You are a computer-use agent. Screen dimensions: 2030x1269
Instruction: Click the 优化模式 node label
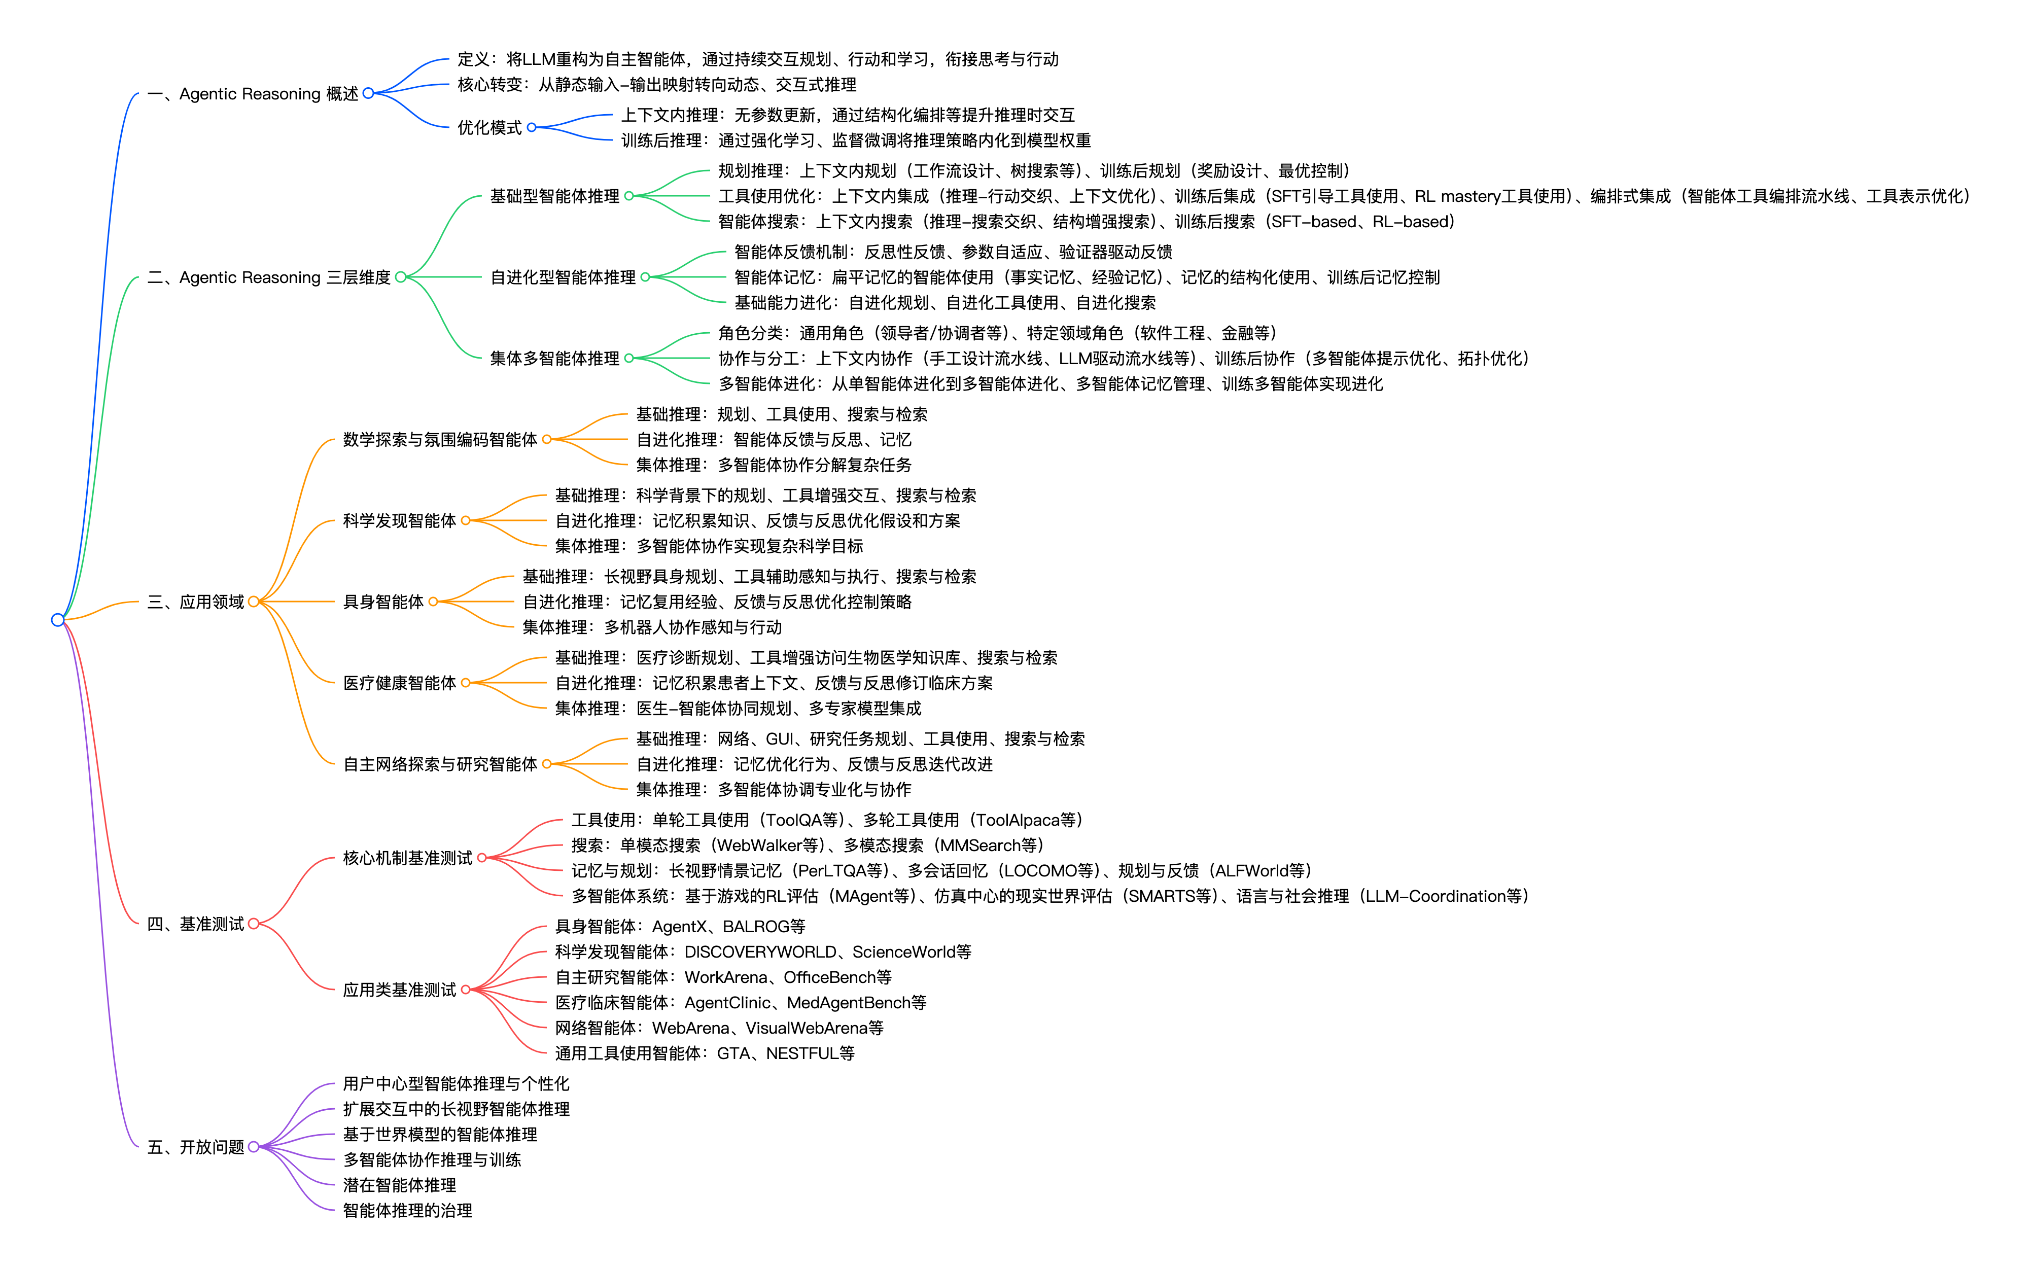click(489, 128)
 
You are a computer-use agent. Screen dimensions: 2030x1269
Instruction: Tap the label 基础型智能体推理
click(555, 196)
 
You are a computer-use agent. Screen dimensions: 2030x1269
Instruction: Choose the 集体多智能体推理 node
click(555, 359)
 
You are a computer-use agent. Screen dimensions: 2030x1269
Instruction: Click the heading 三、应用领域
click(195, 602)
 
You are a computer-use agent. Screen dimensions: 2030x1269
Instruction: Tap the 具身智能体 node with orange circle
click(383, 602)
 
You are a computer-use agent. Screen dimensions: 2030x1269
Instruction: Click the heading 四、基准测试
click(195, 924)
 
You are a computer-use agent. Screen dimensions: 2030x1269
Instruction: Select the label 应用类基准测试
click(399, 991)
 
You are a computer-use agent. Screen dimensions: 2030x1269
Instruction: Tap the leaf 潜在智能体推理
click(399, 1185)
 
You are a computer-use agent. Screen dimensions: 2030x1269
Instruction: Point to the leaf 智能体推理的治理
click(408, 1210)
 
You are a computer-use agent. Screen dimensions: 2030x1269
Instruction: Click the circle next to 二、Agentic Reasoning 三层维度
click(400, 277)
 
